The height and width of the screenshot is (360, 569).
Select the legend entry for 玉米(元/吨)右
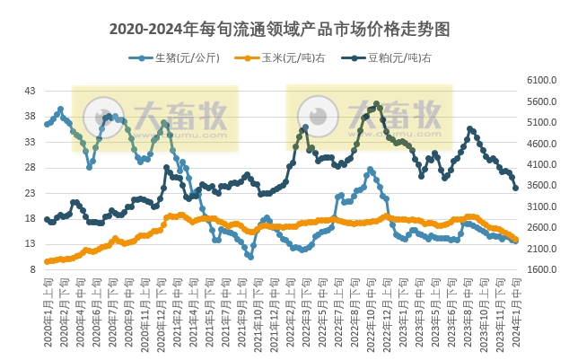277,58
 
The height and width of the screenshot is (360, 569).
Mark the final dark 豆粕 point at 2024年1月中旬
515,189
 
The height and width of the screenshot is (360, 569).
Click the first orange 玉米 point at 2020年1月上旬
47,261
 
